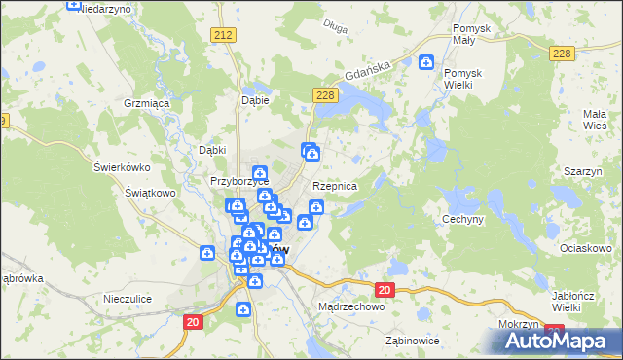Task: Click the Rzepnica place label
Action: (x=335, y=186)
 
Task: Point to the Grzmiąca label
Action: (x=147, y=102)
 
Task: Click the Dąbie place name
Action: (x=253, y=99)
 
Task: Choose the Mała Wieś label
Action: (x=595, y=120)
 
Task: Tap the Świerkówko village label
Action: (x=120, y=166)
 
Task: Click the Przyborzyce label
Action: (x=239, y=182)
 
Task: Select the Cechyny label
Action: (x=463, y=219)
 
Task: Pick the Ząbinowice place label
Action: (x=412, y=341)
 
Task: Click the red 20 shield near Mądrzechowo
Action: (x=384, y=290)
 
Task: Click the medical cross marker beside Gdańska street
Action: (x=425, y=63)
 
